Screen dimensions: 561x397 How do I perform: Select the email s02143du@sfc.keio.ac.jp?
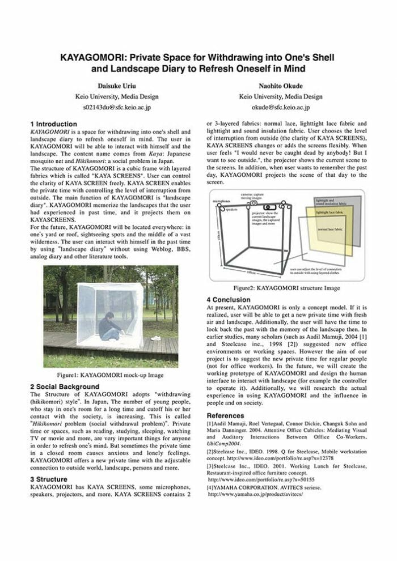pyautogui.click(x=117, y=106)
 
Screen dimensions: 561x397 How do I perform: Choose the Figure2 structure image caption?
pyautogui.click(x=290, y=288)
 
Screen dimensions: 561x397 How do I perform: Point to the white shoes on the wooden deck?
pyautogui.click(x=154, y=338)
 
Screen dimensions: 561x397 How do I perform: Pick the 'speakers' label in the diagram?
pyautogui.click(x=231, y=210)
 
